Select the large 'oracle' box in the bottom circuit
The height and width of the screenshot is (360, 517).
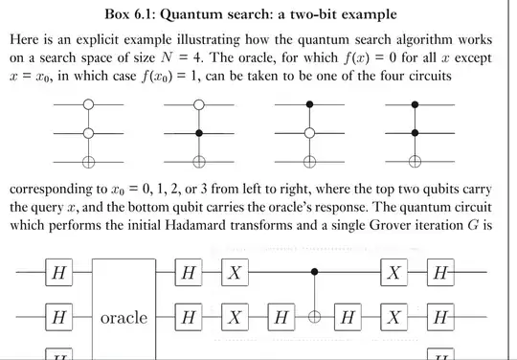[124, 317]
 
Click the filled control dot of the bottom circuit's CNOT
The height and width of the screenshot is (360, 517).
[317, 274]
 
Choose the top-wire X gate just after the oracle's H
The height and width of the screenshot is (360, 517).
[236, 274]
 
